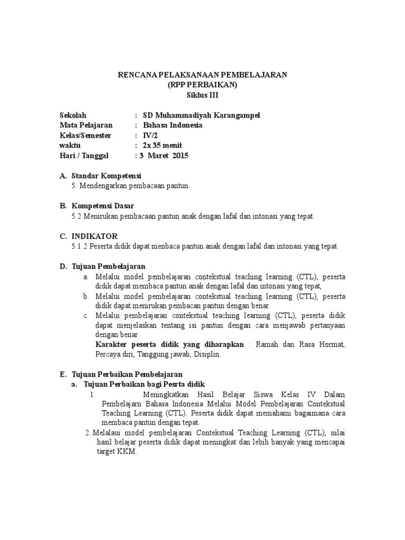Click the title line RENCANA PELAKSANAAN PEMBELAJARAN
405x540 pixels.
202,75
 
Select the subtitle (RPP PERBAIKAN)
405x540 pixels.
202,85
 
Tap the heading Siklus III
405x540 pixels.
202,95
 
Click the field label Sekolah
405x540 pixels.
73,115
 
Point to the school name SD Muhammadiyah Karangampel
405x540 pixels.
198,115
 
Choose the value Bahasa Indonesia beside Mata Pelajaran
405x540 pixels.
169,126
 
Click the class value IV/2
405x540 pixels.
142,136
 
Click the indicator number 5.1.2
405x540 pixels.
81,246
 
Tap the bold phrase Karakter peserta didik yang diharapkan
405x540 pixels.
169,345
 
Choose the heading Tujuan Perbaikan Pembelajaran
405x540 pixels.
126,374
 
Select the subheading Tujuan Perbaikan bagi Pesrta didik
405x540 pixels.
144,384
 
